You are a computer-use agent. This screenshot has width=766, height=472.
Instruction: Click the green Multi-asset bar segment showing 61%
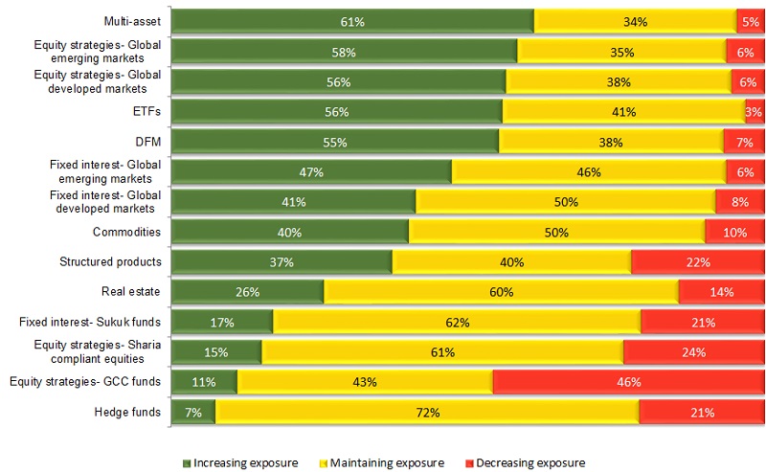[x=352, y=21]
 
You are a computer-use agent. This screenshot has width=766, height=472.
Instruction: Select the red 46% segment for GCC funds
[x=628, y=382]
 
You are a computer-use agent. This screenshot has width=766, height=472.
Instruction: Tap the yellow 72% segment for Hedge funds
[x=427, y=413]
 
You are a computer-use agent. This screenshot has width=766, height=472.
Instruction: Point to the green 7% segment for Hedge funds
[x=193, y=413]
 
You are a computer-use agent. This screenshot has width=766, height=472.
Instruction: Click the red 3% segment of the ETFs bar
[x=755, y=112]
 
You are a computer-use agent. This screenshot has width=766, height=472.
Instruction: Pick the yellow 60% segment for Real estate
[x=501, y=292]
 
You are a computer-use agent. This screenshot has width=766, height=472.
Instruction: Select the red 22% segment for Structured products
[x=697, y=262]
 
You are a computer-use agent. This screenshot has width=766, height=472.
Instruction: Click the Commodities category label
[x=126, y=232]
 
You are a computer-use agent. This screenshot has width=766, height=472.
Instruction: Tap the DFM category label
[x=146, y=142]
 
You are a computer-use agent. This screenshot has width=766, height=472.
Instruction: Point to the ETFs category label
[x=146, y=112]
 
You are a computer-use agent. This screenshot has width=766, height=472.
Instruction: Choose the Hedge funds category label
[x=129, y=413]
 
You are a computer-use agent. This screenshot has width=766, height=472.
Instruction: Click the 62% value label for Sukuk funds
[x=457, y=323]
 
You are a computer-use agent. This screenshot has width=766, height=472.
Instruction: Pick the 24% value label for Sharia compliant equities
[x=693, y=352]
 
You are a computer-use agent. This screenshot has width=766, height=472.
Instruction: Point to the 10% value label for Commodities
[x=734, y=232]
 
